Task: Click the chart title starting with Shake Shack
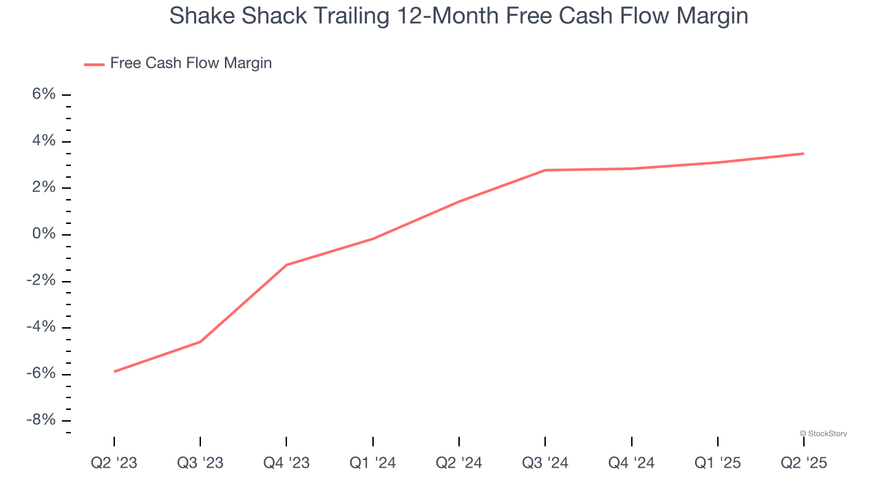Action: point(458,16)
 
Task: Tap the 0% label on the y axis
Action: point(43,234)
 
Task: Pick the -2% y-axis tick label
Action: point(41,281)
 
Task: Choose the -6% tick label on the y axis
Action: point(41,374)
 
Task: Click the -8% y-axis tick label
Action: point(41,420)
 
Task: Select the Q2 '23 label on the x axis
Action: point(114,463)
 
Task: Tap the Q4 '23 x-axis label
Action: point(286,463)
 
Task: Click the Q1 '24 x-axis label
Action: point(372,463)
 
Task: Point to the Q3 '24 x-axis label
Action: point(545,463)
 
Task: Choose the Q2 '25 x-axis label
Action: point(804,463)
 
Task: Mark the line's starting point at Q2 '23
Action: point(114,371)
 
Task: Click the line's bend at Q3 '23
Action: point(200,342)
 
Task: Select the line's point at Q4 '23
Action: point(286,265)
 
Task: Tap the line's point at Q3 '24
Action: point(545,170)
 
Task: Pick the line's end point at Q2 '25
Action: point(804,154)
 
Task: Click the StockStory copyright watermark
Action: point(823,433)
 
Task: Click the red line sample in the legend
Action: point(94,64)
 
